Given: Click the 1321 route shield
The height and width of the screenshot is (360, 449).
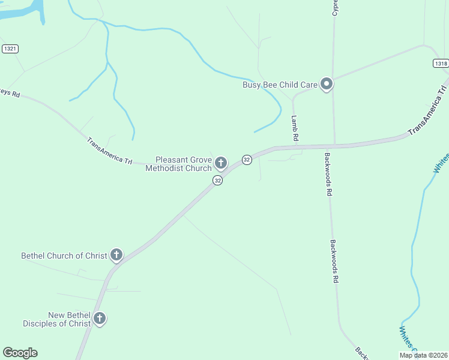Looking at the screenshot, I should click(x=10, y=49).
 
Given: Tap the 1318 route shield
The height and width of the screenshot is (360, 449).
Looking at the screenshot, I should click(x=441, y=64).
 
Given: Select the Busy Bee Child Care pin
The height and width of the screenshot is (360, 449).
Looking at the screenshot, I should click(x=327, y=84).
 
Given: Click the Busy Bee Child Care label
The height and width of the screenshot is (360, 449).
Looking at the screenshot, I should click(x=280, y=85).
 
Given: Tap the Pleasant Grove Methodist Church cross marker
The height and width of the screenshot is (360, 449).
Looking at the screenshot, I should click(x=221, y=163).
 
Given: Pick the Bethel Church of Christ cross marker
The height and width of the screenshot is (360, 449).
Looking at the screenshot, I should click(x=116, y=255).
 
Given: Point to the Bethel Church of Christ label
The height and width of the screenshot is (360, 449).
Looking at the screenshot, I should click(x=64, y=256).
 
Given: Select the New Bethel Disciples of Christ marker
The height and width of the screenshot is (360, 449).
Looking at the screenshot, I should click(x=100, y=319).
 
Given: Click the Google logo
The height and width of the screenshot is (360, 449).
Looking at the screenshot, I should click(x=20, y=353).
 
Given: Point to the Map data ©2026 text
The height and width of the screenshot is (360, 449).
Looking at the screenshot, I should click(x=423, y=355).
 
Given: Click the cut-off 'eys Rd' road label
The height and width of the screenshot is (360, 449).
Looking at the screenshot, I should click(x=10, y=94).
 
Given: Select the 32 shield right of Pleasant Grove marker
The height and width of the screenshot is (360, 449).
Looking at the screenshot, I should click(x=247, y=160).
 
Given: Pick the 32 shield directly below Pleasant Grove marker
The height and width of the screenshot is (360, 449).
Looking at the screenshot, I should click(x=217, y=180).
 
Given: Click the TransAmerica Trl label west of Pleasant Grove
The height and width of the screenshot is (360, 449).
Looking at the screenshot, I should click(x=109, y=151).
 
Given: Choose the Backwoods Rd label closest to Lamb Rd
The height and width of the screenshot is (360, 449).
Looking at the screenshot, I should click(x=328, y=174).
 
